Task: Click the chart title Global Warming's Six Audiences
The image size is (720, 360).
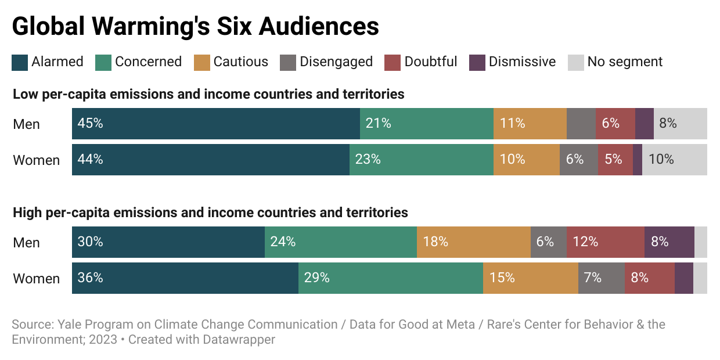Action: tap(196, 27)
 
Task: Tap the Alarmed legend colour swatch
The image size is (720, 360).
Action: tap(20, 62)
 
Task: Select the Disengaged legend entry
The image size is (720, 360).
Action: tap(326, 62)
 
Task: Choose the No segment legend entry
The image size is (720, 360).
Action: tap(615, 62)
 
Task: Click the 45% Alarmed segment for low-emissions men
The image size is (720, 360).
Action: tap(215, 124)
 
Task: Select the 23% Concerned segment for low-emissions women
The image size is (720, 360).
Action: tap(421, 160)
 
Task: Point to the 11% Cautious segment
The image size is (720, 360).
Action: tap(530, 124)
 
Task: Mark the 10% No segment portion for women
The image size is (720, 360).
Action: tap(674, 160)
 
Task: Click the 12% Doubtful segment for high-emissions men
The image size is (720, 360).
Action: tap(605, 242)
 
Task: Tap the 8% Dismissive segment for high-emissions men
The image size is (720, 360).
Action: tap(669, 242)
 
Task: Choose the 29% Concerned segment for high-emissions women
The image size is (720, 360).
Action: tap(390, 278)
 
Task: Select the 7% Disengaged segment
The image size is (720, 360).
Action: tap(601, 278)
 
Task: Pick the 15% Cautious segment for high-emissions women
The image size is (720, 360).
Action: tap(530, 278)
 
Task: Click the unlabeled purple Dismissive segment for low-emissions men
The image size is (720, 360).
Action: tap(644, 124)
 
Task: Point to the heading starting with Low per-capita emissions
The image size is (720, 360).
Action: tap(208, 94)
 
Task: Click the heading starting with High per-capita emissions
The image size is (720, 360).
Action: tap(210, 213)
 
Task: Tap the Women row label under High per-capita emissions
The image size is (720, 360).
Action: tap(37, 279)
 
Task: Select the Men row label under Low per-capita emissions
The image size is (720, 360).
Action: tap(27, 124)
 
